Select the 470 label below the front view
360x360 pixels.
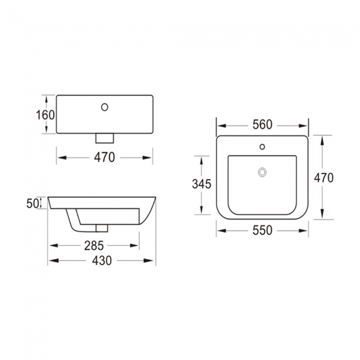point(104,157)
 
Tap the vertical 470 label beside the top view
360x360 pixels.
point(323,178)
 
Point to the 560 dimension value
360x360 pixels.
point(262,125)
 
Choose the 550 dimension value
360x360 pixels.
point(262,230)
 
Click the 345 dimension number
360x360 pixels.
point(201,184)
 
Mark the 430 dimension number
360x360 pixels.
point(101,261)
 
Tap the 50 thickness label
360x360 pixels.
point(32,203)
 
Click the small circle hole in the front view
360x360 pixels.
point(104,106)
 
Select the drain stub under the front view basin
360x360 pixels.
point(104,136)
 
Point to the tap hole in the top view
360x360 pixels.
point(262,148)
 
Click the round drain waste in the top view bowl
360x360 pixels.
point(262,172)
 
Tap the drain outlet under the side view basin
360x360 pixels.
point(101,228)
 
